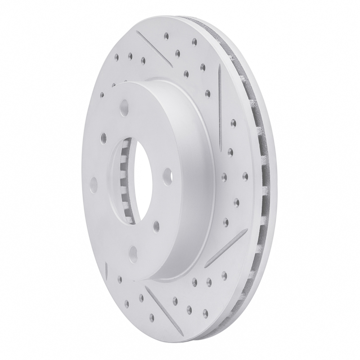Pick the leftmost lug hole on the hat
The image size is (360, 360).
point(94,183)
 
